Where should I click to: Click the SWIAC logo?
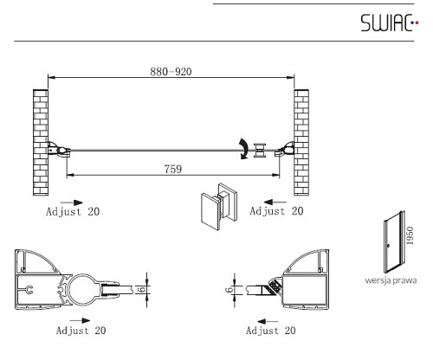(390, 22)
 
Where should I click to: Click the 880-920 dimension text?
(171, 72)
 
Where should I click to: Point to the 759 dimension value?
(173, 169)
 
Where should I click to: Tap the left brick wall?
(41, 143)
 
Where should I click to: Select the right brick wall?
(301, 143)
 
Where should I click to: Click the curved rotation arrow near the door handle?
(244, 149)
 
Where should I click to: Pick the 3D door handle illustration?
(219, 207)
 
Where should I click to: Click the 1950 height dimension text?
(410, 235)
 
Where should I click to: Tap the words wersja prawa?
(391, 280)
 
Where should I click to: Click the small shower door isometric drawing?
(394, 242)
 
